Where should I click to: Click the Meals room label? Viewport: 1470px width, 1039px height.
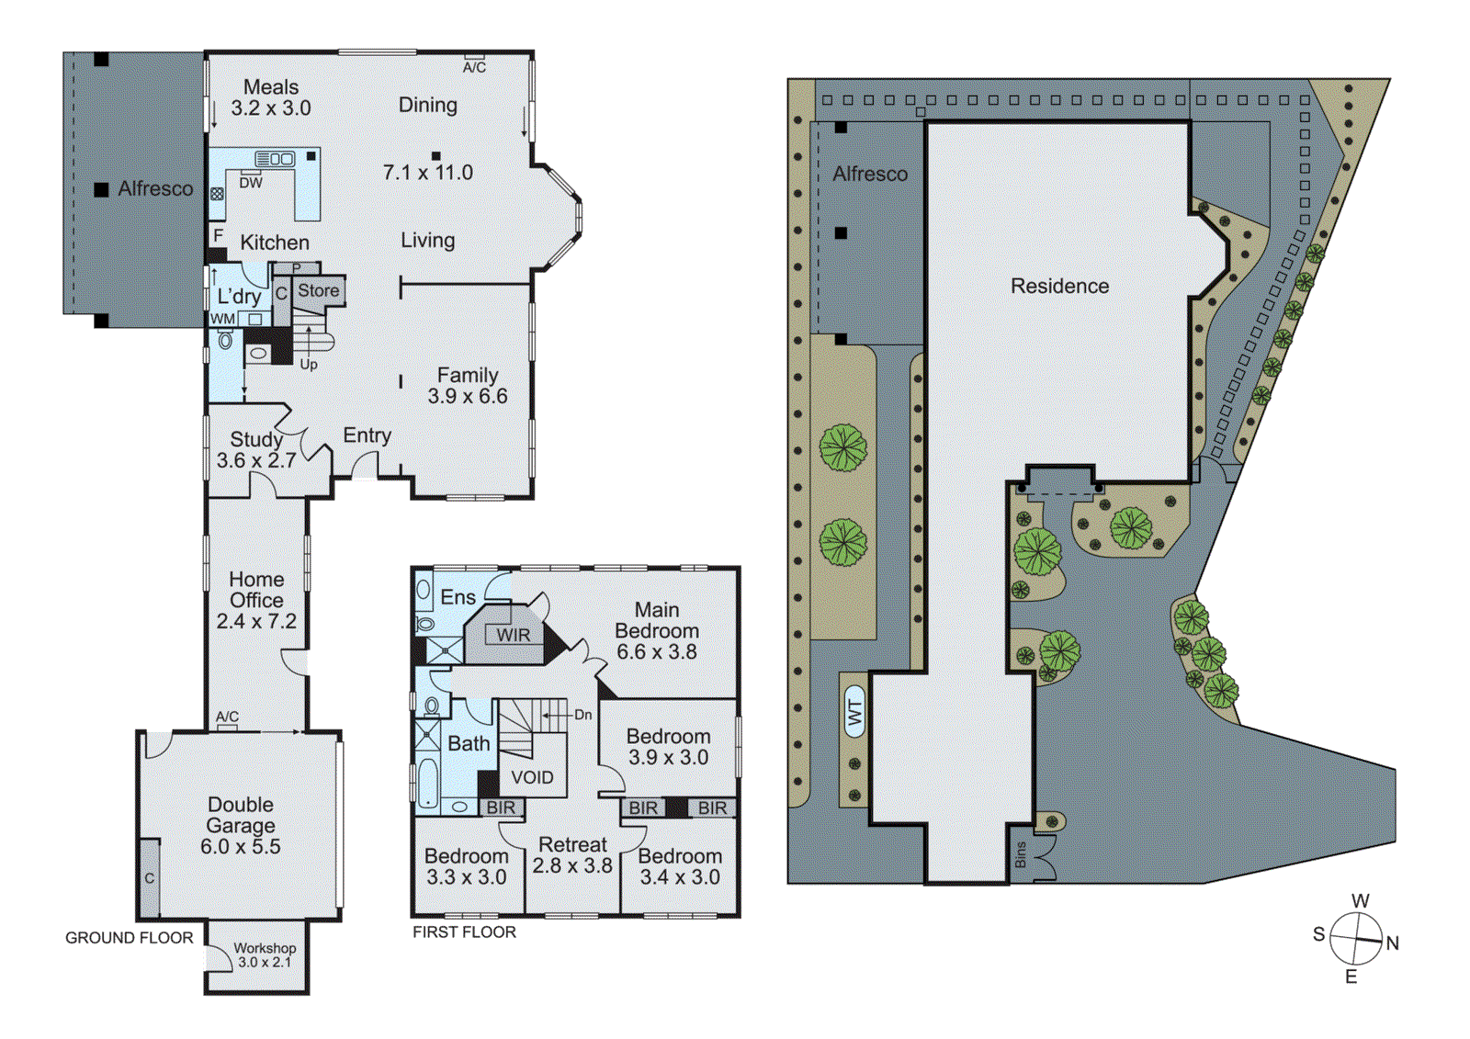[x=271, y=87]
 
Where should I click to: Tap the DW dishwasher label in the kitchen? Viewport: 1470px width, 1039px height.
[x=251, y=183]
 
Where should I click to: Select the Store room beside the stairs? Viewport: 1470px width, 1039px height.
[x=319, y=290]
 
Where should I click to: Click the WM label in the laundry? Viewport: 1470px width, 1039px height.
[x=223, y=319]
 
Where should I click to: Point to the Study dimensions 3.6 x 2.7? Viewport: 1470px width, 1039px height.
[x=256, y=460]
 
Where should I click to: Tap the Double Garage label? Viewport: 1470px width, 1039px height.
[x=241, y=815]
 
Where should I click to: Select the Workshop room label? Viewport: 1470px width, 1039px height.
[x=265, y=948]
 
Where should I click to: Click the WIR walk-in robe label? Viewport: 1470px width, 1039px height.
[x=513, y=635]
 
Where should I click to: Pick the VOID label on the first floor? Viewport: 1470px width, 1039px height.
[x=532, y=777]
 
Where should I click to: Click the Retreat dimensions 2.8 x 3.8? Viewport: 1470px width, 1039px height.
[x=572, y=865]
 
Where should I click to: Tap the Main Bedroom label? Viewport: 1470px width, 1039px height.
[x=657, y=620]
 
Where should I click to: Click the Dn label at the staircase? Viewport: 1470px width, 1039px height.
[x=583, y=714]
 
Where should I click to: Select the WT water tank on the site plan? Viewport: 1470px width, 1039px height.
[x=854, y=712]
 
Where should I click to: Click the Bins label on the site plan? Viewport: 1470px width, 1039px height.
[x=1021, y=855]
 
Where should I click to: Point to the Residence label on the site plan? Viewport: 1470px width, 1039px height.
[x=1059, y=286]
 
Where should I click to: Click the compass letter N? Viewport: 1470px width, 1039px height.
[x=1393, y=943]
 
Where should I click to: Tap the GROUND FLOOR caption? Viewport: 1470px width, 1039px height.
[x=129, y=938]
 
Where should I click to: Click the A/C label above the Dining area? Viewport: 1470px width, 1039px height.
[x=474, y=67]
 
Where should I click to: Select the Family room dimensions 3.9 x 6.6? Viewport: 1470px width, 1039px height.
[x=468, y=396]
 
